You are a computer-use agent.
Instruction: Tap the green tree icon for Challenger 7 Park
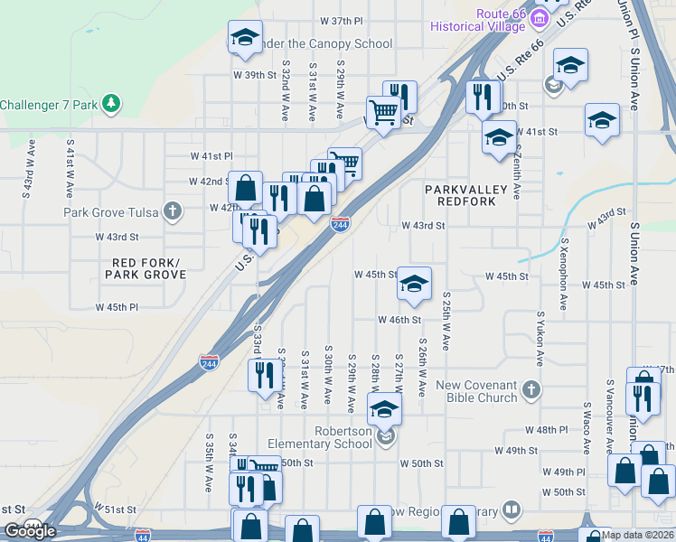click(111, 104)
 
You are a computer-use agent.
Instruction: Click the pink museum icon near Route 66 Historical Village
click(540, 18)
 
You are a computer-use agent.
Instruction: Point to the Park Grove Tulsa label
click(110, 213)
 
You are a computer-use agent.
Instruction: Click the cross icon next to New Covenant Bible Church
click(532, 390)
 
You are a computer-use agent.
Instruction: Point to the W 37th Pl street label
click(341, 21)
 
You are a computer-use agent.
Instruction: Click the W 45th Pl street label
click(117, 307)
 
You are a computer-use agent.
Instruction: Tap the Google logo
click(30, 531)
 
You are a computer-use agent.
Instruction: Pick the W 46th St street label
click(399, 320)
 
